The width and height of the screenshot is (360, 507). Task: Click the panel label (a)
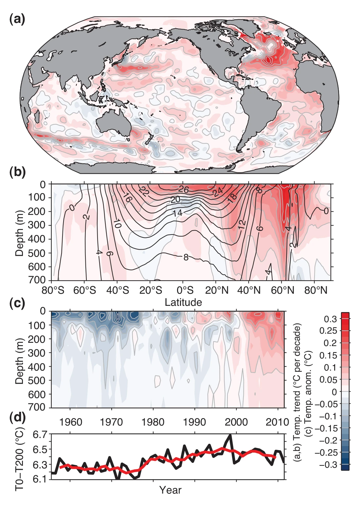pos(17,20)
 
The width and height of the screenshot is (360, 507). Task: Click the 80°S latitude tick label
pos(53,290)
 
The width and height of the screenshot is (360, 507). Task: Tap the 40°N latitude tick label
pos(250,290)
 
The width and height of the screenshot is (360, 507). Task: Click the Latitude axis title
pos(183,302)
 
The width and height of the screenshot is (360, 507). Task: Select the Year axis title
pos(170,490)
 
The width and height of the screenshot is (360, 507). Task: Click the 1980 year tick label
pos(153,422)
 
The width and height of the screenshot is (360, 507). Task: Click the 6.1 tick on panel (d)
pos(40,479)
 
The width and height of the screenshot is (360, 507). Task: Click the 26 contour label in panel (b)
pos(184,189)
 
